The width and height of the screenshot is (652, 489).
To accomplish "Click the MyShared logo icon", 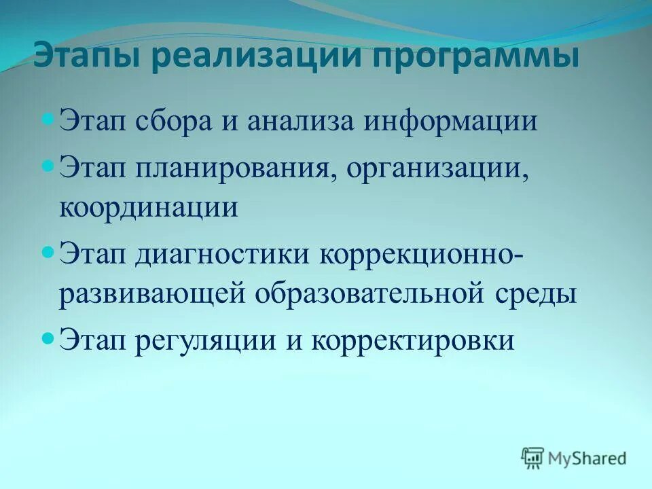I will [533, 458].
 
